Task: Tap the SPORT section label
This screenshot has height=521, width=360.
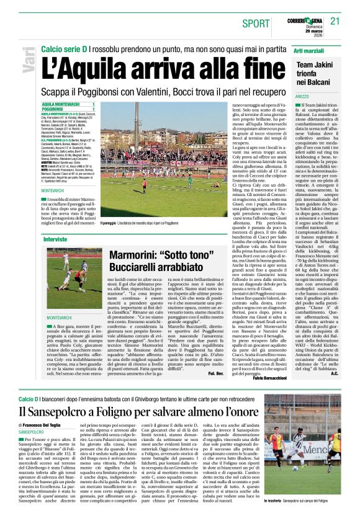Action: (x=256, y=24)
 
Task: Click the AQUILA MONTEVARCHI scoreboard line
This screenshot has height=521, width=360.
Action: (x=66, y=104)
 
